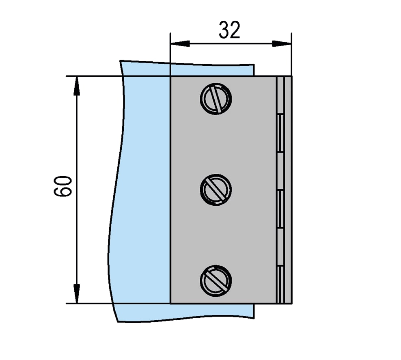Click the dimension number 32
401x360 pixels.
pos(229,30)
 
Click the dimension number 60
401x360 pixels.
pos(63,186)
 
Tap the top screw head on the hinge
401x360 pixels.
pos(216,99)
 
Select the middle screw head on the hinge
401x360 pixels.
pos(216,190)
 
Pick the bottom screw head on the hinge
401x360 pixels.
pos(216,281)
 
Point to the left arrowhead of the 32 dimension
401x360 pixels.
pos(180,44)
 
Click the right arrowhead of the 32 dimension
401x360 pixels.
pos(282,44)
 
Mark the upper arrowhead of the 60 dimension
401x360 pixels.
pos(76,86)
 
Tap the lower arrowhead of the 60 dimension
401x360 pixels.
pos(76,293)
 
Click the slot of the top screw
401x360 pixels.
pos(217,99)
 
